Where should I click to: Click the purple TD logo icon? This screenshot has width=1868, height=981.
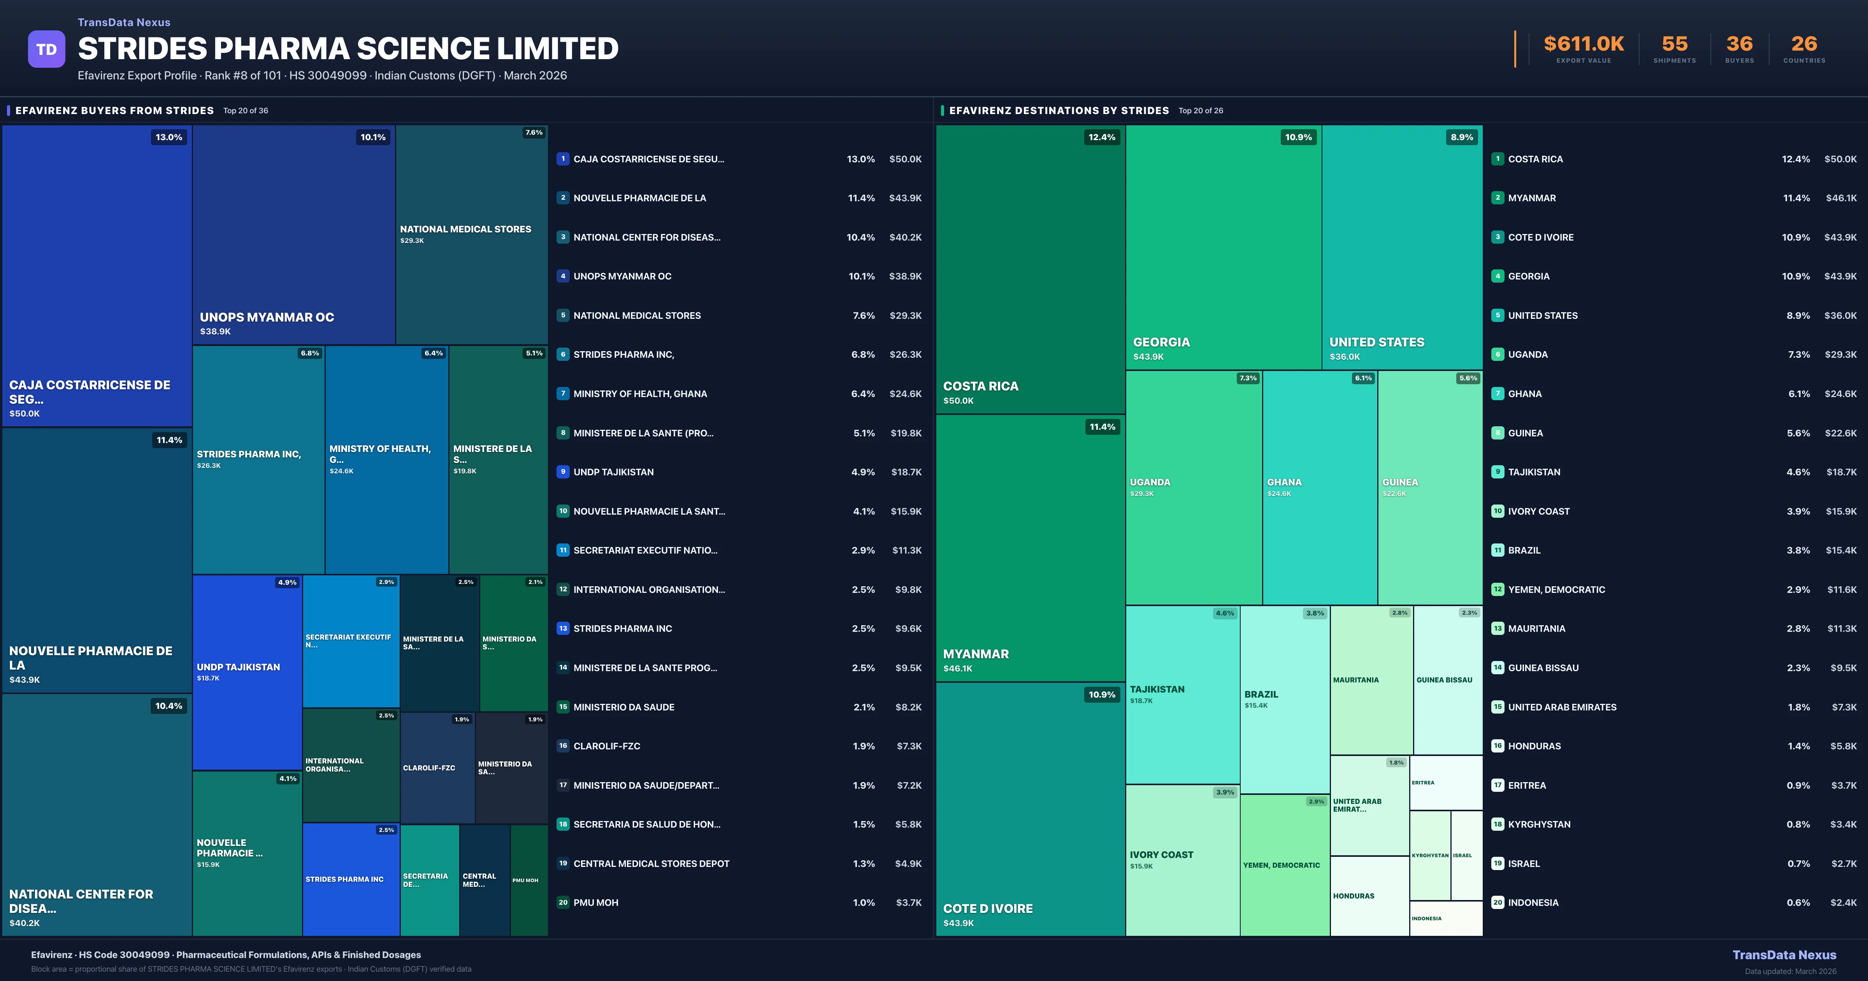pos(46,49)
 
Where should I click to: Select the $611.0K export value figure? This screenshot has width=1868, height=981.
pos(1584,44)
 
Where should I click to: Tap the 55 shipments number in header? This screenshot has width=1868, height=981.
pos(1674,44)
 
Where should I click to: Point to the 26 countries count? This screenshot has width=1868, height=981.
pos(1804,44)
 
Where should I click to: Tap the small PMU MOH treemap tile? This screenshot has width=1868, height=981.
pos(528,880)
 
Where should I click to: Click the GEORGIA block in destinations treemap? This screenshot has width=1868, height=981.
pos(1223,247)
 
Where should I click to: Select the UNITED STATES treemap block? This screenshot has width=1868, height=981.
pos(1402,247)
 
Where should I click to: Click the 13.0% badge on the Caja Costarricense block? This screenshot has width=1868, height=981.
pos(169,137)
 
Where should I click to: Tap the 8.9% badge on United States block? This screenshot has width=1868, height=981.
pos(1461,137)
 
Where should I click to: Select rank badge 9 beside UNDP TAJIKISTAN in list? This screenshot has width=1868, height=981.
pos(563,472)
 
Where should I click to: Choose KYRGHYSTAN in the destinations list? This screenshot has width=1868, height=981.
pos(1539,824)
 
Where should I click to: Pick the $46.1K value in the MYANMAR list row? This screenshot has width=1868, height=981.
pos(1840,198)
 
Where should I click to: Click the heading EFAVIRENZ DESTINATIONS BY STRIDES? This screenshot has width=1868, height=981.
pos(1059,110)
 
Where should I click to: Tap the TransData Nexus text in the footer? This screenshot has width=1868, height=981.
pos(1784,955)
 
